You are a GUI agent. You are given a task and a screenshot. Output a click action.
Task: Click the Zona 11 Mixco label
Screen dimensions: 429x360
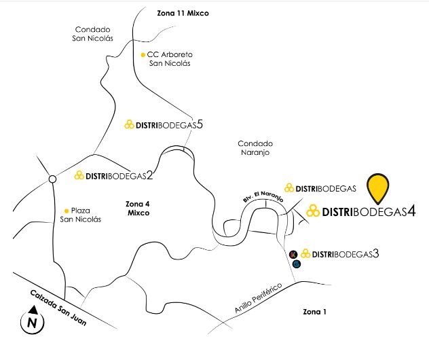tap(183, 13)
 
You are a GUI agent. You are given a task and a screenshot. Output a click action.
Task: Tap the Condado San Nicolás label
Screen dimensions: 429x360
tap(92, 34)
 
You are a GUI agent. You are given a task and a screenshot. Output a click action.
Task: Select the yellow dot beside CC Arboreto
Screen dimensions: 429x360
tap(143, 55)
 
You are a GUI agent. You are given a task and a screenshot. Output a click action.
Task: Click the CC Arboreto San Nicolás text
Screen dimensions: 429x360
tap(170, 58)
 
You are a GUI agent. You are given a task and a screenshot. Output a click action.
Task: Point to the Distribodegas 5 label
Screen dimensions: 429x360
tap(164, 124)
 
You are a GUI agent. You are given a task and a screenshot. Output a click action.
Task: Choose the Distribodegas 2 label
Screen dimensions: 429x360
tap(113, 175)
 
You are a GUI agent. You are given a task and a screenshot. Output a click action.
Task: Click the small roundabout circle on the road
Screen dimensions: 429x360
tap(52, 179)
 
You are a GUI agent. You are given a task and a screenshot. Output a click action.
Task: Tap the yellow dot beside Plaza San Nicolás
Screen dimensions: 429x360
tap(67, 211)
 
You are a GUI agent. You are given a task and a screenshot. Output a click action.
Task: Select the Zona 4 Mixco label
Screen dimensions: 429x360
tap(138, 209)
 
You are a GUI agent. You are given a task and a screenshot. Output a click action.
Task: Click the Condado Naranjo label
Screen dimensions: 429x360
tap(255, 148)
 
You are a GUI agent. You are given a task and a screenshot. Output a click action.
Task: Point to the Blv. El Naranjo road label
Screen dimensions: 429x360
tap(263, 196)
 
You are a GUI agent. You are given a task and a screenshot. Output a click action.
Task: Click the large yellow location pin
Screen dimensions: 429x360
tap(378, 189)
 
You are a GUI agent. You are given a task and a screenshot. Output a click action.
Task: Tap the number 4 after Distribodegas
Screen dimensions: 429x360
tap(411, 211)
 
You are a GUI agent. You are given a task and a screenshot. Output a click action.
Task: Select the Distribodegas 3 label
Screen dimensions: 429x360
tap(340, 254)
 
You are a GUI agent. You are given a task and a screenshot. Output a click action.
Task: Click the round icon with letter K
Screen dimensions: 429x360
tap(293, 254)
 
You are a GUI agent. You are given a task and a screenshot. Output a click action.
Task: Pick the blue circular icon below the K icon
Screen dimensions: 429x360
tap(297, 264)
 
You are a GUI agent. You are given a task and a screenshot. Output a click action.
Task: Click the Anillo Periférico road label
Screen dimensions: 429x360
tap(258, 298)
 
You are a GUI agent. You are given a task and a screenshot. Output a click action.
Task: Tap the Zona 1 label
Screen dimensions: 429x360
tap(315, 312)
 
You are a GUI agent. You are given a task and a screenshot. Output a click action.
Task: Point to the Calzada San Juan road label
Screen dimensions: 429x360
tap(58, 308)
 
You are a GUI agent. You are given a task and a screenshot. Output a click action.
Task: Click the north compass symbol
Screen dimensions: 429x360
tap(33, 321)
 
